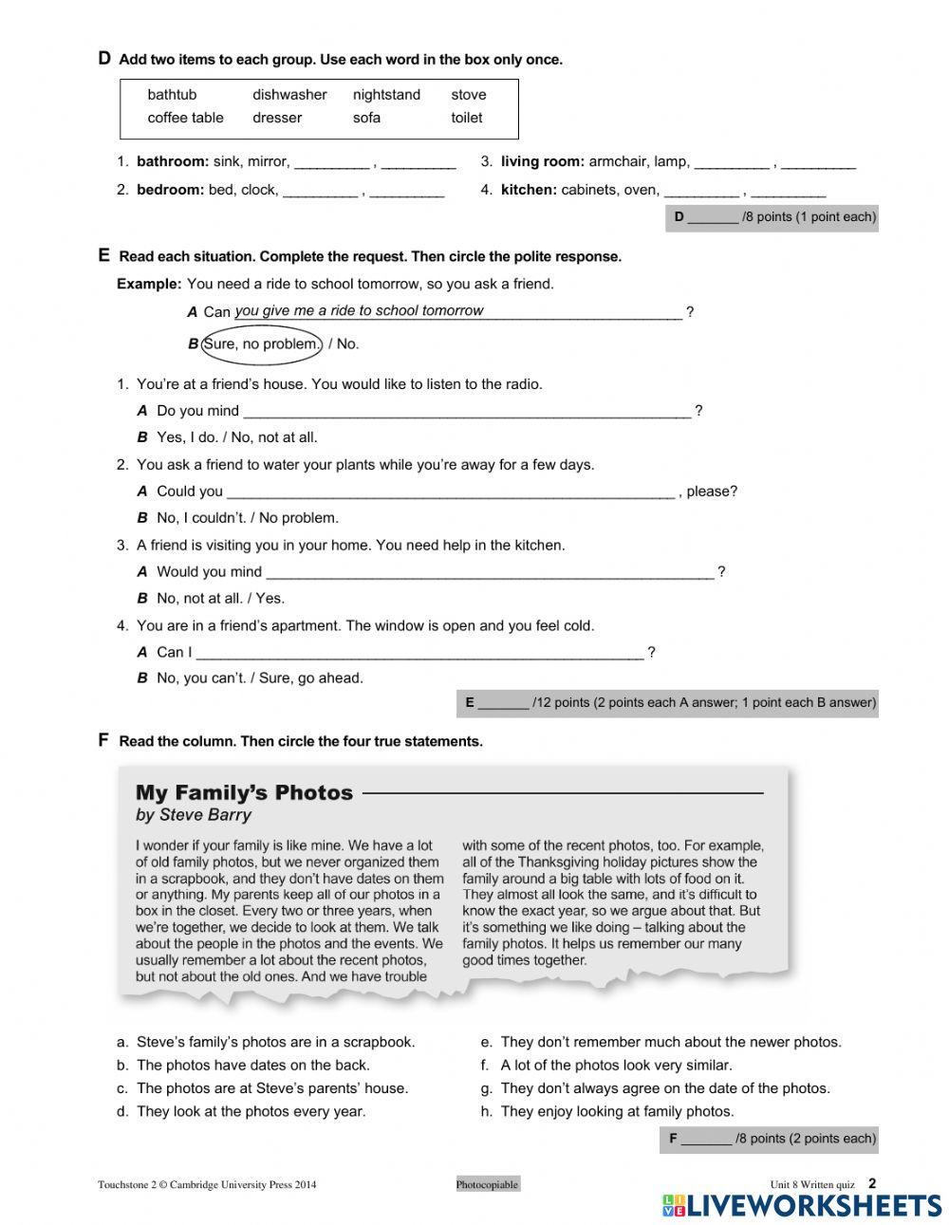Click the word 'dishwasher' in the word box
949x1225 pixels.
click(289, 95)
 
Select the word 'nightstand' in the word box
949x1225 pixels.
click(386, 95)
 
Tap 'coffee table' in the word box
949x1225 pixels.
click(185, 118)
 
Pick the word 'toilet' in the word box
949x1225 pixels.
click(466, 118)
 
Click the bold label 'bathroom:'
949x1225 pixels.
click(173, 162)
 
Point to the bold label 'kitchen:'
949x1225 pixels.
click(529, 190)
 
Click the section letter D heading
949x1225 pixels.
click(104, 59)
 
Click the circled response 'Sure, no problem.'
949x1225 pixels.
click(263, 343)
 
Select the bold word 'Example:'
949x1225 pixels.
click(149, 284)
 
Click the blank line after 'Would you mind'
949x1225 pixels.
click(489, 572)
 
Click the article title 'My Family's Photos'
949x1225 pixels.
click(244, 792)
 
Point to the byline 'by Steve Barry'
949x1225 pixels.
click(194, 815)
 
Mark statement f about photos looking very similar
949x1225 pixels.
click(615, 1066)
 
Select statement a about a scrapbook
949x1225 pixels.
click(275, 1042)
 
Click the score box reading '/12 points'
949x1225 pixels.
click(667, 703)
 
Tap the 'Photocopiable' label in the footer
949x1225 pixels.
click(488, 1184)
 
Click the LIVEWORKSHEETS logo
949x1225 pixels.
click(801, 1205)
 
